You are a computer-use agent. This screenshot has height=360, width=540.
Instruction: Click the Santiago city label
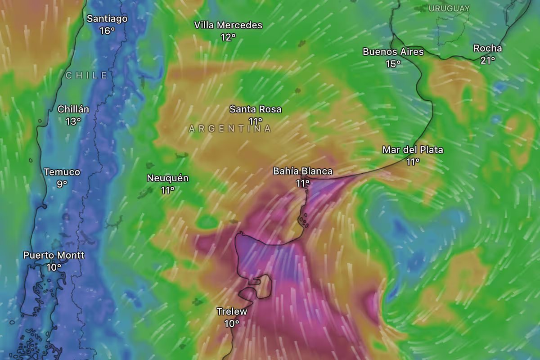107,19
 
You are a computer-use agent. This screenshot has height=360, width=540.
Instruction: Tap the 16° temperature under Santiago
107,31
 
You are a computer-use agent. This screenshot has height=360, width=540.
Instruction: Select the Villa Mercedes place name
228,25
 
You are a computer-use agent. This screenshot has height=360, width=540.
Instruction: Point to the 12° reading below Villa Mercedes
228,37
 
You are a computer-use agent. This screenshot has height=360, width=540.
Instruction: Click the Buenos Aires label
393,52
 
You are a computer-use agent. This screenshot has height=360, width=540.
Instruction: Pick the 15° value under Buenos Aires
393,63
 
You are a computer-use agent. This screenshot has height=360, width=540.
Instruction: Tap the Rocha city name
487,48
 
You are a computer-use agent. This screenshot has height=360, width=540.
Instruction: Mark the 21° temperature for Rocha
487,60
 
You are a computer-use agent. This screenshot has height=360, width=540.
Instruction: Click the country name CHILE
86,76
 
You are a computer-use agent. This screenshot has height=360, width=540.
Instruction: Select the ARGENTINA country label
230,129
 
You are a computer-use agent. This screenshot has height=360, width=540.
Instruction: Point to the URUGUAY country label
449,9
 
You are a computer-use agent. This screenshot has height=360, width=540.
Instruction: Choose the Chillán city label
73,109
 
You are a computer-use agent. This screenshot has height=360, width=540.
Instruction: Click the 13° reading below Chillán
73,121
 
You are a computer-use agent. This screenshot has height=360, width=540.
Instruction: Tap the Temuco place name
62,172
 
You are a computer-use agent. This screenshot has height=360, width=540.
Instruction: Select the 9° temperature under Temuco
62,184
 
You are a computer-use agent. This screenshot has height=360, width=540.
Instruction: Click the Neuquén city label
168,178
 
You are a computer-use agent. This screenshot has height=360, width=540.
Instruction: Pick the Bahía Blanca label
303,171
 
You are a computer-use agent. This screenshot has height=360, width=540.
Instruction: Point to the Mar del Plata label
413,150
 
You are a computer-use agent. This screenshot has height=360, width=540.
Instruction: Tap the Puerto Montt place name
54,255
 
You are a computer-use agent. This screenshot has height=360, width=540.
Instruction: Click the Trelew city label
232,311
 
